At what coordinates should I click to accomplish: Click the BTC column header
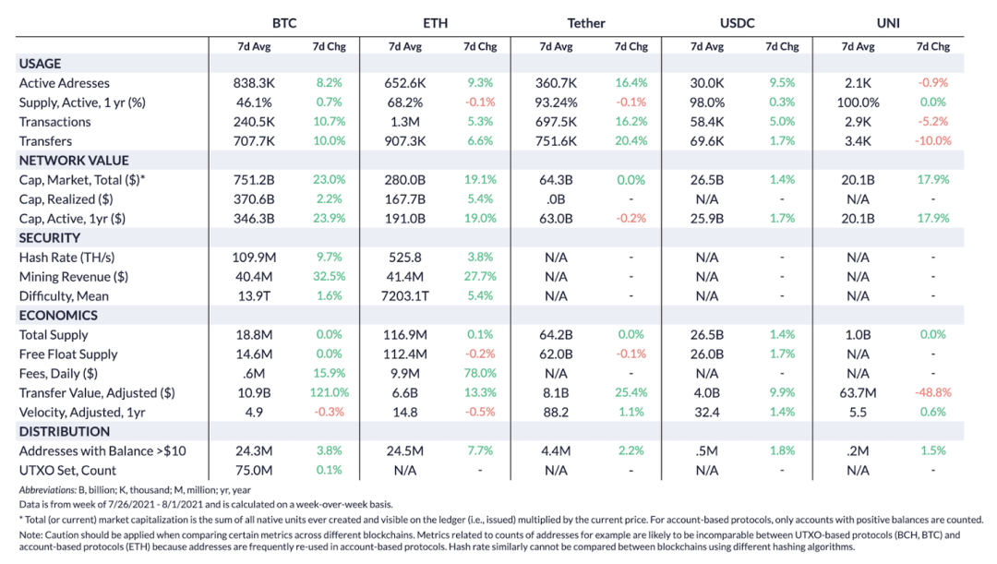pyautogui.click(x=284, y=22)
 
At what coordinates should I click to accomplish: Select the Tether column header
pyautogui.click(x=586, y=22)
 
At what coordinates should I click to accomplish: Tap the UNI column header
pyautogui.click(x=887, y=22)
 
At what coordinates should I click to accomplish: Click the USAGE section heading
pyautogui.click(x=40, y=64)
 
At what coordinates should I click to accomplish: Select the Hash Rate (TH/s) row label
pyautogui.click(x=66, y=258)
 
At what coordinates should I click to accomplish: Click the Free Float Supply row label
pyautogui.click(x=68, y=354)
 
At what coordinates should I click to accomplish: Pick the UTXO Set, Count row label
pyautogui.click(x=67, y=470)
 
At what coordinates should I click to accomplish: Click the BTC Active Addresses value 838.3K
pyautogui.click(x=255, y=83)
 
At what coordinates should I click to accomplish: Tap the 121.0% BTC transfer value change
pyautogui.click(x=328, y=393)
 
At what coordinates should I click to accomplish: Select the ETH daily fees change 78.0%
pyautogui.click(x=480, y=374)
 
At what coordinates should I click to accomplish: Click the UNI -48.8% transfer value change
pyautogui.click(x=933, y=393)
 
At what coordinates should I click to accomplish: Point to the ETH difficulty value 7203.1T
pyautogui.click(x=405, y=296)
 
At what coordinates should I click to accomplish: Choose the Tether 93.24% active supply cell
pyautogui.click(x=556, y=102)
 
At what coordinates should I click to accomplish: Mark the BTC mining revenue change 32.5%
pyautogui.click(x=328, y=277)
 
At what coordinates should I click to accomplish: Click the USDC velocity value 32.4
pyautogui.click(x=707, y=413)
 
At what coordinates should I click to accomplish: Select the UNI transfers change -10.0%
pyautogui.click(x=933, y=141)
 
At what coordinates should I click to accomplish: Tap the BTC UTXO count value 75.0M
pyautogui.click(x=255, y=470)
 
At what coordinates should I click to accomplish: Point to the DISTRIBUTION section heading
pyautogui.click(x=65, y=431)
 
